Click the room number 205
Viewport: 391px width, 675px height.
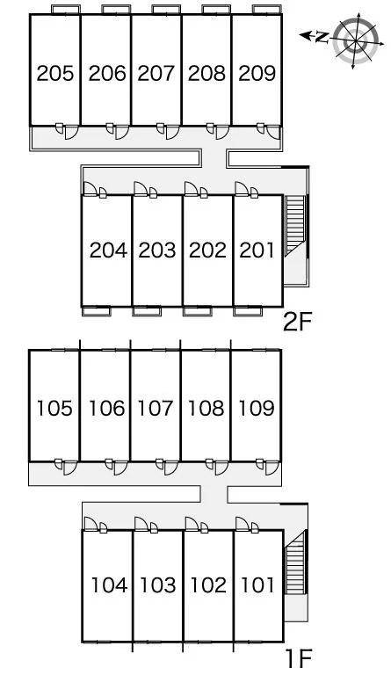[x=55, y=73]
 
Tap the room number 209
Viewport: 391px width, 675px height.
[x=257, y=73]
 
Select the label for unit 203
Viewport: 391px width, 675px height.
[x=157, y=250]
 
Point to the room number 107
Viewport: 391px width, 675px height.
[x=156, y=408]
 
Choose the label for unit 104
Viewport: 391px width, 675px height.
[x=109, y=585]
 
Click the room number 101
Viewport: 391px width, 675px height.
[x=257, y=585]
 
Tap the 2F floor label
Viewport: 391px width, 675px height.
[x=297, y=323]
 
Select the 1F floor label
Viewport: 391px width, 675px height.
[x=299, y=657]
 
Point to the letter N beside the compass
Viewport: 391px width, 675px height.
[x=321, y=38]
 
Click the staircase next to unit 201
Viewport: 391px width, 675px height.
[x=295, y=225]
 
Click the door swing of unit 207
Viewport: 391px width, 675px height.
[x=172, y=133]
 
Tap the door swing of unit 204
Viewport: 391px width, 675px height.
[x=90, y=189]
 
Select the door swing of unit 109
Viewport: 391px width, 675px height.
[x=272, y=468]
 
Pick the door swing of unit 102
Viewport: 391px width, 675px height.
[x=192, y=524]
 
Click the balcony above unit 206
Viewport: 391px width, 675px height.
[x=116, y=10]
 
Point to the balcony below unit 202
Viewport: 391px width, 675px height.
[x=198, y=311]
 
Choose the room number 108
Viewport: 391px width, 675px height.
[x=206, y=408]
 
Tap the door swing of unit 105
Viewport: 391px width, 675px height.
[x=70, y=468]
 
